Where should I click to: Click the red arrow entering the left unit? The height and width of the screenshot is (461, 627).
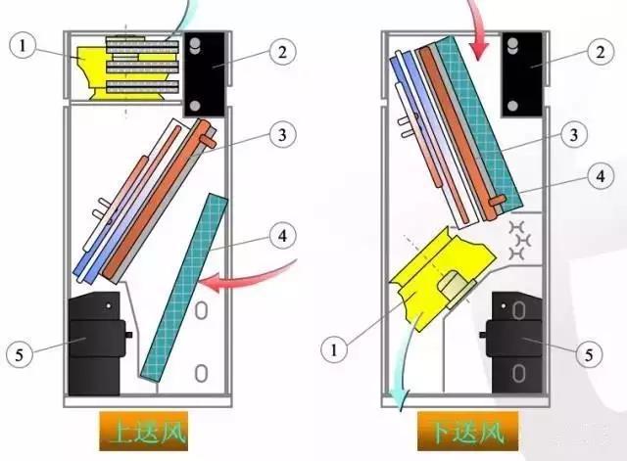tap(245, 279)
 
